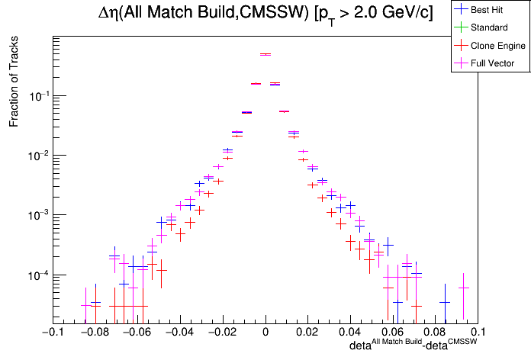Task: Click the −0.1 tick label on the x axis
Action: (52, 333)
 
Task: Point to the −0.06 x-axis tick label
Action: (137, 333)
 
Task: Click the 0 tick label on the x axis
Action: (265, 333)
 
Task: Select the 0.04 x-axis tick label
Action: (351, 333)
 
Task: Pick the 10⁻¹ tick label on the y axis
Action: (37, 96)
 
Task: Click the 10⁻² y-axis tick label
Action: (37, 156)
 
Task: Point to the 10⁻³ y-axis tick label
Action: (37, 215)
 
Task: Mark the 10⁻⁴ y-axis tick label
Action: (37, 275)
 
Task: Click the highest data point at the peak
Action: (265, 54)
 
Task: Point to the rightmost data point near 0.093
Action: (463, 288)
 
